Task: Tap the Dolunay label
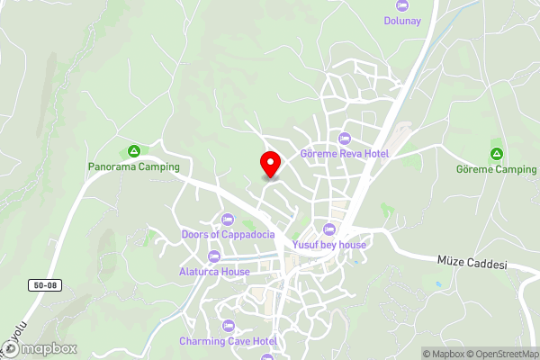click(402, 20)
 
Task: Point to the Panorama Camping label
click(134, 166)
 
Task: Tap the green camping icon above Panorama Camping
click(134, 150)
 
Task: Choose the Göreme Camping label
click(496, 169)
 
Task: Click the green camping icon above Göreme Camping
click(496, 153)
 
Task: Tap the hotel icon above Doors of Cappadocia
click(226, 219)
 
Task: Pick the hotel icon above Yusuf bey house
click(329, 229)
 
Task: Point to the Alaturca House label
click(213, 272)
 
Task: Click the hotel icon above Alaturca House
click(213, 256)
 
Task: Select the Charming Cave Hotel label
click(228, 341)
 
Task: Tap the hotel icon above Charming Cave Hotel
click(228, 325)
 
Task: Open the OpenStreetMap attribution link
click(496, 354)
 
